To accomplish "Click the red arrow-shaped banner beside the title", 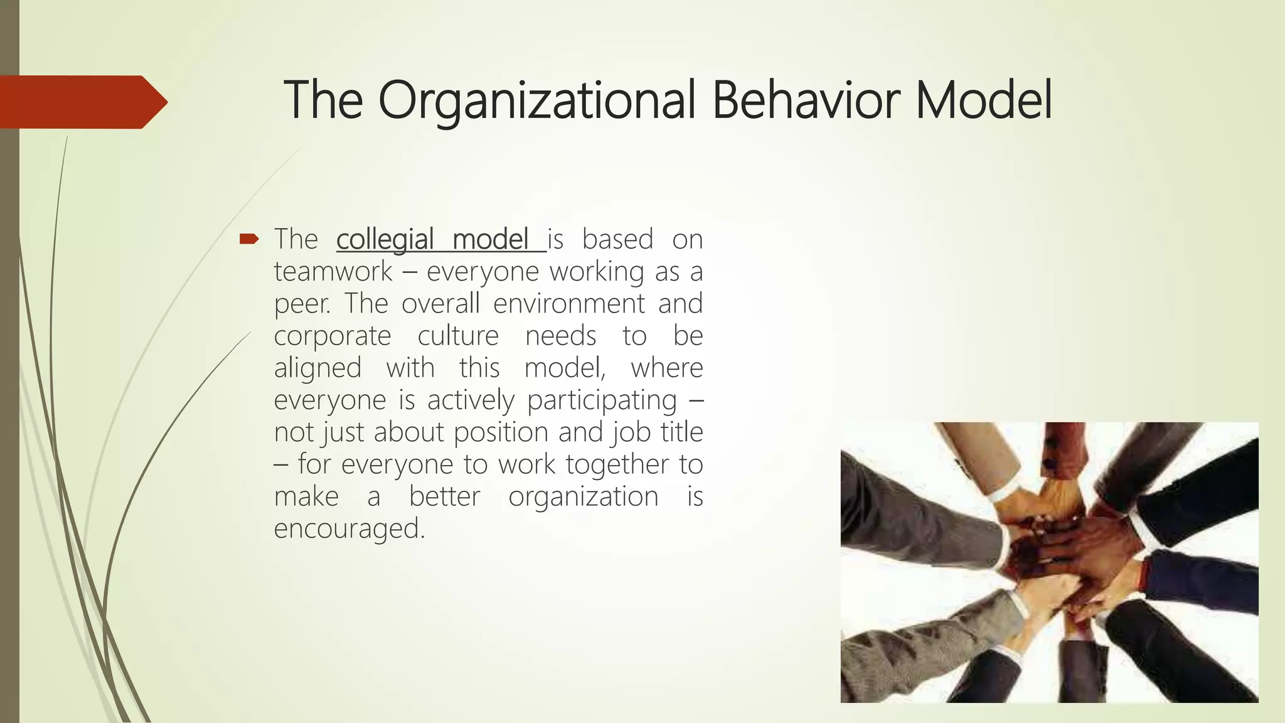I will (82, 102).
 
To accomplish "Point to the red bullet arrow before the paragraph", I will (249, 238).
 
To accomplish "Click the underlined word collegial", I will (385, 240).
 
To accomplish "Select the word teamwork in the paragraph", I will (333, 272).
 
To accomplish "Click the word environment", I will (568, 304).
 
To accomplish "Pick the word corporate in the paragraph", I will (333, 336).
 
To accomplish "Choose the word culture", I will (458, 336).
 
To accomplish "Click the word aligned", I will (317, 368).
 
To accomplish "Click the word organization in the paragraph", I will (583, 496).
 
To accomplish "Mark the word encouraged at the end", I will (349, 529).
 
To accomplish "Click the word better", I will (444, 496).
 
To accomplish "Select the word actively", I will (471, 400).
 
